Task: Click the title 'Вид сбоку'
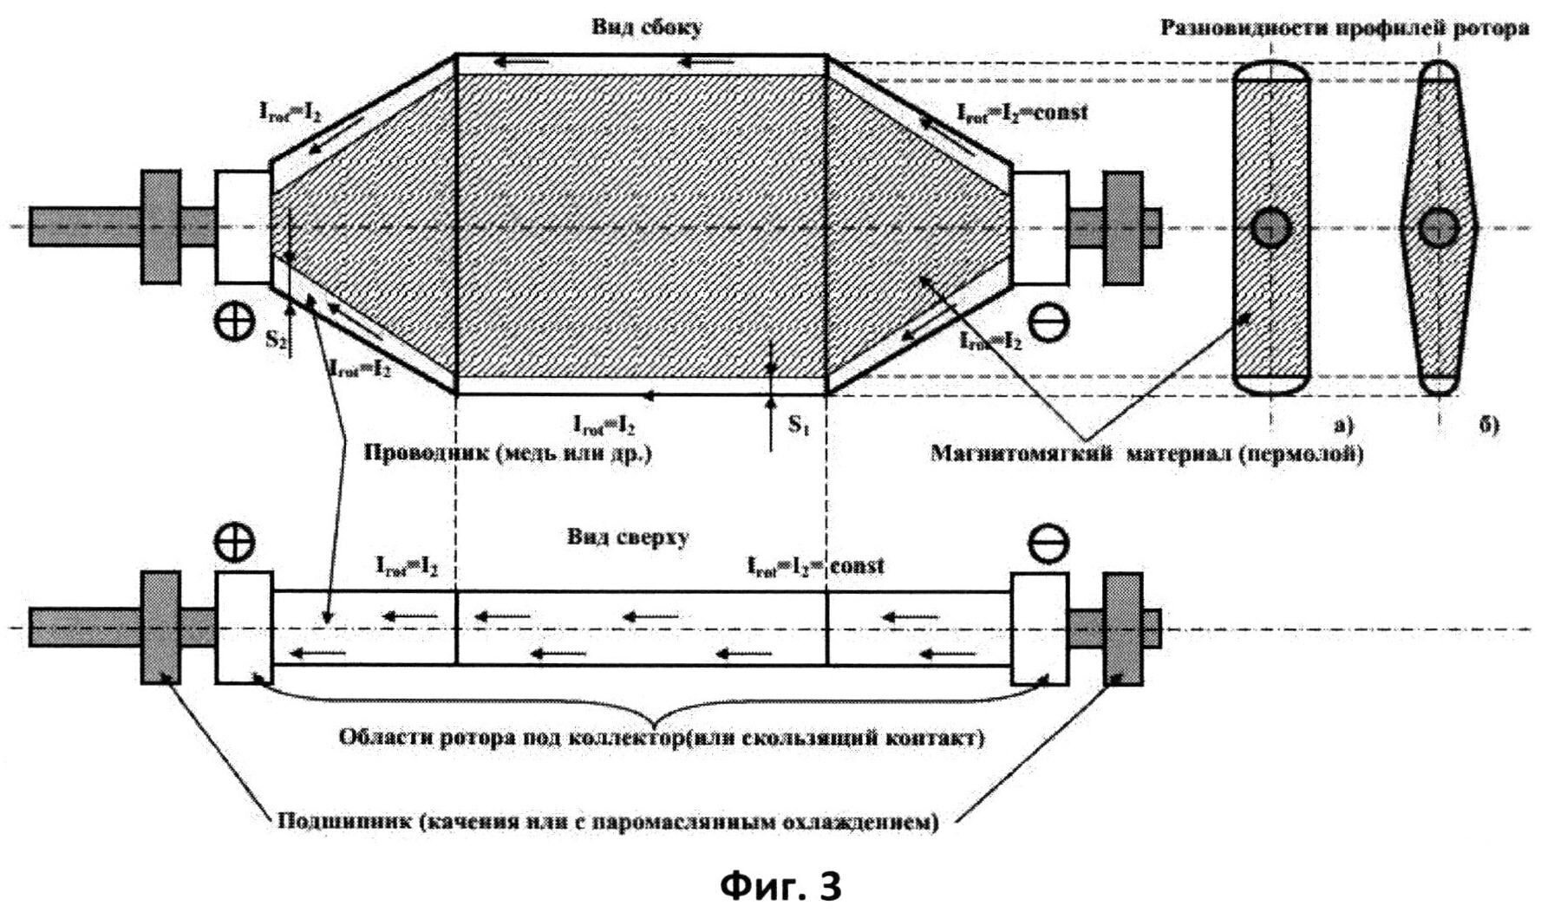pos(647,27)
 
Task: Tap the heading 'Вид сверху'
pos(629,537)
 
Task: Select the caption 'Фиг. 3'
pos(780,885)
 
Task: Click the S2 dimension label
pos(277,340)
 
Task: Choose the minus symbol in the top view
pos(1048,543)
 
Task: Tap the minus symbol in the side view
pos(1048,322)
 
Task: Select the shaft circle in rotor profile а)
pos(1271,228)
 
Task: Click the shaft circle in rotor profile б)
pos(1440,228)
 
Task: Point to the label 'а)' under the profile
pos(1342,425)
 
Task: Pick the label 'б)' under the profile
pos(1488,425)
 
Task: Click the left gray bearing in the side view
pos(161,227)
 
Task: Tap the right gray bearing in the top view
pos(1126,627)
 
